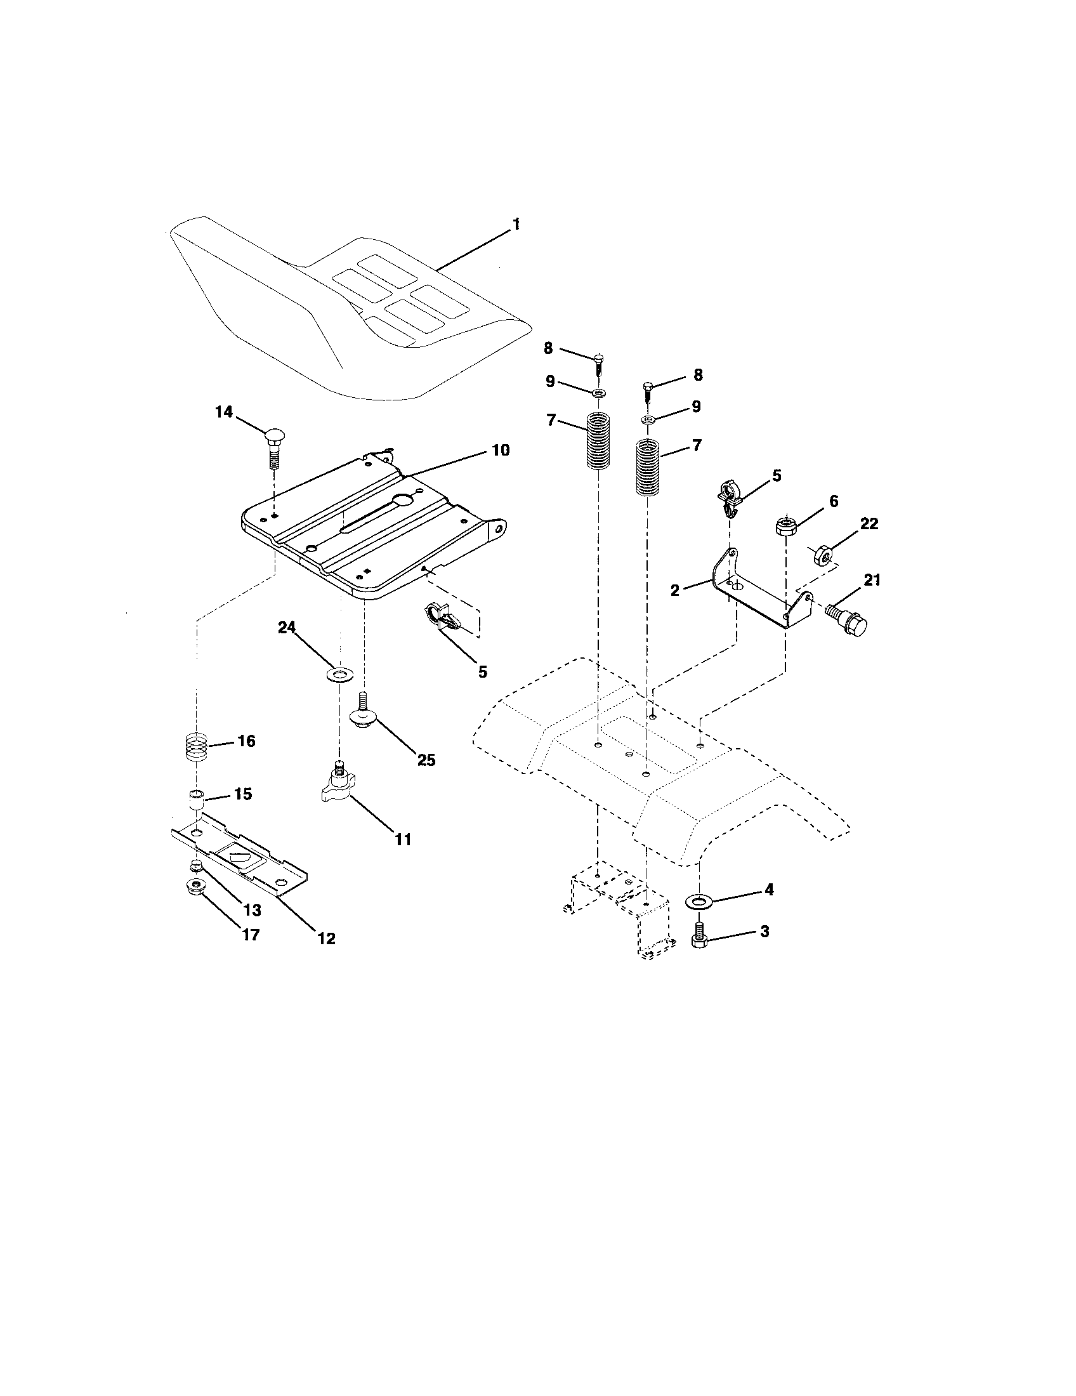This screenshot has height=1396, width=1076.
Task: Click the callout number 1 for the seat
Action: click(x=516, y=225)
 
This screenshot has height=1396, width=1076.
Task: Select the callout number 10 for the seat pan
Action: click(x=501, y=450)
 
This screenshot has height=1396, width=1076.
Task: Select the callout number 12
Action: click(x=326, y=938)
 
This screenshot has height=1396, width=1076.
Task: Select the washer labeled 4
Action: click(x=699, y=901)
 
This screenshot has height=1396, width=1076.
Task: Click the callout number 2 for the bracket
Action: click(x=675, y=590)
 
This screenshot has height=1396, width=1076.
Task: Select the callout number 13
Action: click(x=253, y=910)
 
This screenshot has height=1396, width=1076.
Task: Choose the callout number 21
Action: click(x=872, y=580)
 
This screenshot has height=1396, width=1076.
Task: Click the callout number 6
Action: click(x=832, y=501)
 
